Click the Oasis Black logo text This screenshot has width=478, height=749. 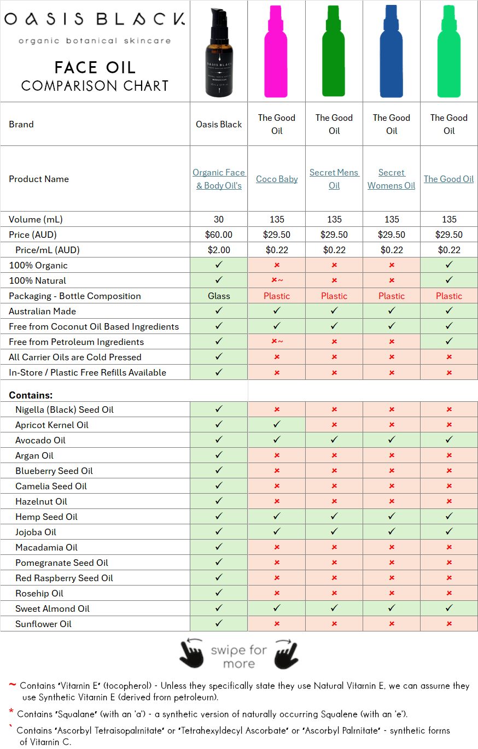coord(95,20)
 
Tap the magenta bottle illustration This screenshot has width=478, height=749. coord(276,52)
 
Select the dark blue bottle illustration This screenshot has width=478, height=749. coord(391,52)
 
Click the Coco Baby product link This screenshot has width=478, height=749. coord(277,179)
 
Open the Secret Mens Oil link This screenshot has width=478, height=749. coord(334,179)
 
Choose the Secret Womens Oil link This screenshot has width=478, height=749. coord(392,179)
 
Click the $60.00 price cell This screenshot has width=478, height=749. coord(219,235)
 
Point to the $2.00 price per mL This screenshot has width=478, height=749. coord(219,250)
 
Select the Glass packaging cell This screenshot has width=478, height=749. coord(219,296)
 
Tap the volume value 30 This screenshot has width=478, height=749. coord(219,219)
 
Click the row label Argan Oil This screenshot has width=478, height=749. coord(34,455)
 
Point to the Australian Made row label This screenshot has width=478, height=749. coord(42,311)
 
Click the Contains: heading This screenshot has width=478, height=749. coord(31,395)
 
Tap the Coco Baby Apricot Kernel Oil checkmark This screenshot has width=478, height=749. coord(277,425)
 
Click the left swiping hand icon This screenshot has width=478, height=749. coord(192,653)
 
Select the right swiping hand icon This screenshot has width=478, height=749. coord(286,653)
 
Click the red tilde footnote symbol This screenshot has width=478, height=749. coord(12,685)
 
